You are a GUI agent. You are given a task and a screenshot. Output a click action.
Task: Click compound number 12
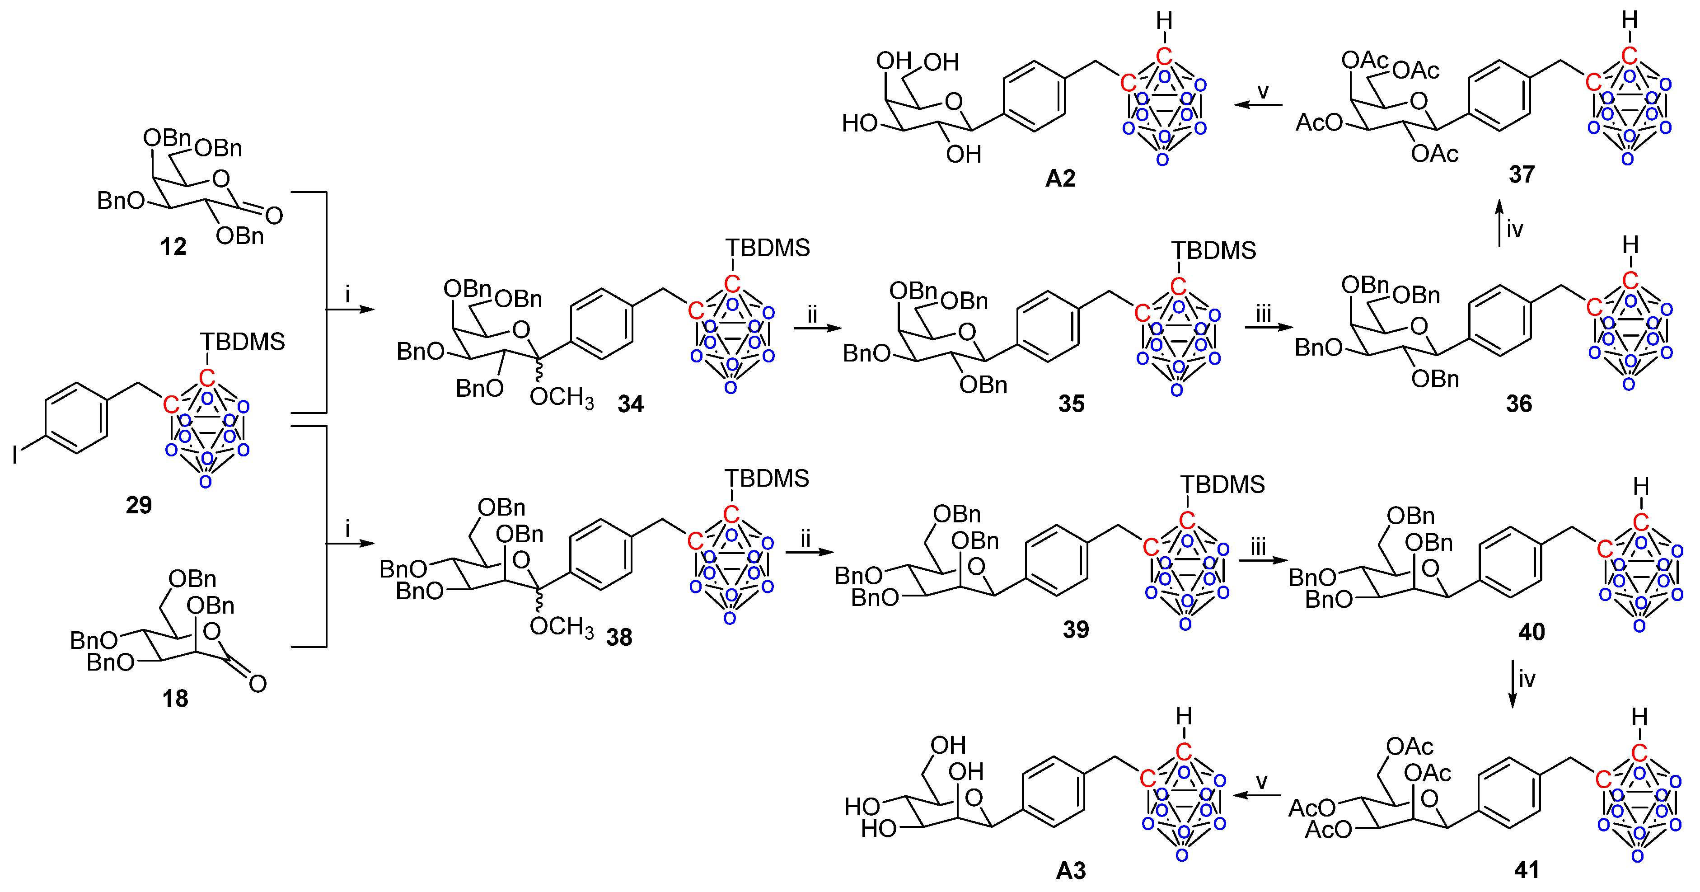pos(173,247)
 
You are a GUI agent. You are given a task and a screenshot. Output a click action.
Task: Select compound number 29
pos(139,505)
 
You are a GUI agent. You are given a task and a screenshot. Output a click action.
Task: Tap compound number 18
pos(175,698)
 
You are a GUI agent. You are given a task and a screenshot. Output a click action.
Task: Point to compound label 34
pos(630,404)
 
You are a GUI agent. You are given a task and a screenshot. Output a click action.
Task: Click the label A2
pos(1060,178)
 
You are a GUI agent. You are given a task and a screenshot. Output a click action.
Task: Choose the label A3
pos(1070,871)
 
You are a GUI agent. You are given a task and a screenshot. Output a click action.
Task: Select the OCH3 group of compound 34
pos(561,397)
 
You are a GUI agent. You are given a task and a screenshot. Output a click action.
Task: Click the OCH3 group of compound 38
pos(561,626)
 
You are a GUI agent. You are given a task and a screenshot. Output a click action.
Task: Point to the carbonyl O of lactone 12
pos(274,215)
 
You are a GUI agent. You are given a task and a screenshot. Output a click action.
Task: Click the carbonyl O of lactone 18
pos(258,683)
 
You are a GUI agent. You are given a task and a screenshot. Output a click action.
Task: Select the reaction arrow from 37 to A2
pos(1258,104)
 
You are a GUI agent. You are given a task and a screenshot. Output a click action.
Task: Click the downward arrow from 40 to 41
pos(1513,683)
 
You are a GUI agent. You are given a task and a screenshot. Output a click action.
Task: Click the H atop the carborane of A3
pos(1184,716)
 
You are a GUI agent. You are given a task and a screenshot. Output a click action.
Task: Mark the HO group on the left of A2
pos(859,123)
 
